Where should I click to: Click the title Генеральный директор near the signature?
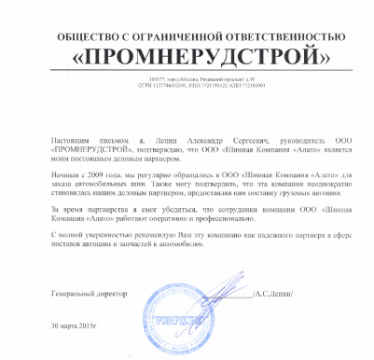90,295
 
